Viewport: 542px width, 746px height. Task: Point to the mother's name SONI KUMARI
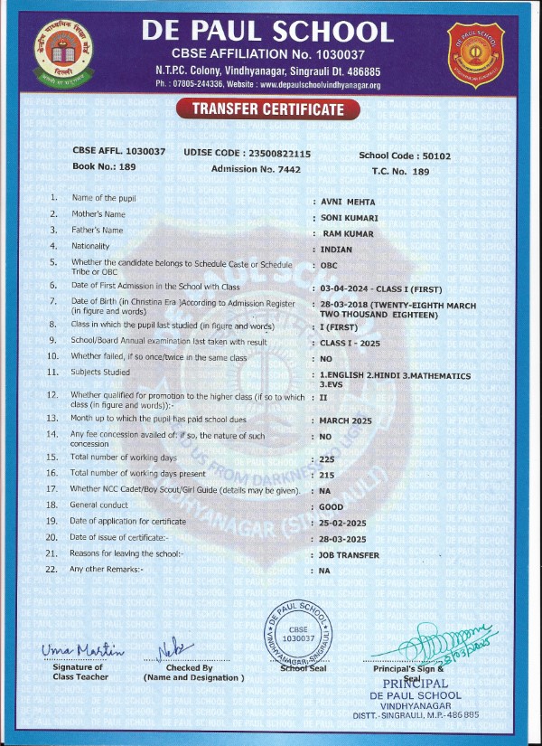click(349, 218)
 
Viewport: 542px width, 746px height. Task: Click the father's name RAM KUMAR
click(348, 233)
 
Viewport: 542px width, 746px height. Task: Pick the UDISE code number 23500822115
click(277, 154)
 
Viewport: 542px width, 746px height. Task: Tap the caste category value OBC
click(331, 267)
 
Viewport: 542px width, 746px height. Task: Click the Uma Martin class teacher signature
click(82, 651)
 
